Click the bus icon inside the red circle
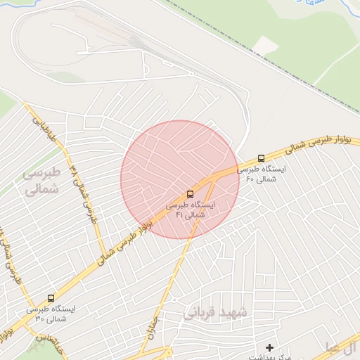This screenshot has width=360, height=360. pyautogui.click(x=191, y=193)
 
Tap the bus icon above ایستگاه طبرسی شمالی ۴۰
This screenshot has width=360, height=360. pyautogui.click(x=262, y=158)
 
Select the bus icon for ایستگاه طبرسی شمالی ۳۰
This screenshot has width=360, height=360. pyautogui.click(x=50, y=298)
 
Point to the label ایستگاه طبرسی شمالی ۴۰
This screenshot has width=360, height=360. pyautogui.click(x=262, y=174)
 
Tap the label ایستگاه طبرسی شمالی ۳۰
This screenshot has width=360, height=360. pyautogui.click(x=50, y=314)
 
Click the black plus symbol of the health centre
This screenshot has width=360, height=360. pyautogui.click(x=269, y=347)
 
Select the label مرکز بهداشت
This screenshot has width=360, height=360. pyautogui.click(x=269, y=357)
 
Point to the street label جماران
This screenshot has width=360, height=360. pyautogui.click(x=156, y=326)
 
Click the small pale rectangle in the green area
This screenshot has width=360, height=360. pyautogui.click(x=265, y=46)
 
